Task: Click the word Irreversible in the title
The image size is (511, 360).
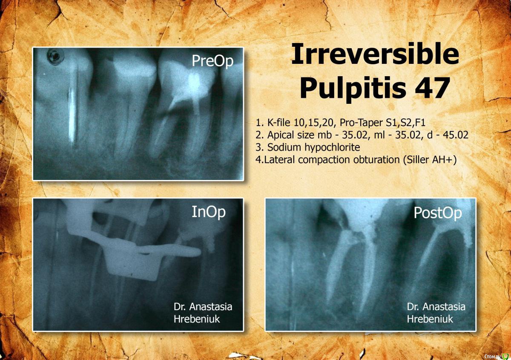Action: click(375, 54)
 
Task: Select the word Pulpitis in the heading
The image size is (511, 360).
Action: click(353, 89)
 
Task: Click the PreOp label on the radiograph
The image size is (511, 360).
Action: click(212, 61)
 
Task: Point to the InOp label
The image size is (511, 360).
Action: click(209, 212)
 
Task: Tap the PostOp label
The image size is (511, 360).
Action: click(438, 213)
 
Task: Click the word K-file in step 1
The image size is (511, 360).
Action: click(279, 123)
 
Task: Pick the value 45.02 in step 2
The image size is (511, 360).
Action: click(456, 135)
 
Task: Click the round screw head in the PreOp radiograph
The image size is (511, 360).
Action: click(55, 56)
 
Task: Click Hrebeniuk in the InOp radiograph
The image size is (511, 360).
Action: click(197, 319)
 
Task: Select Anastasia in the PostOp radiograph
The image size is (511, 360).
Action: click(444, 307)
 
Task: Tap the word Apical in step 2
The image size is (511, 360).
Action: click(281, 136)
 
